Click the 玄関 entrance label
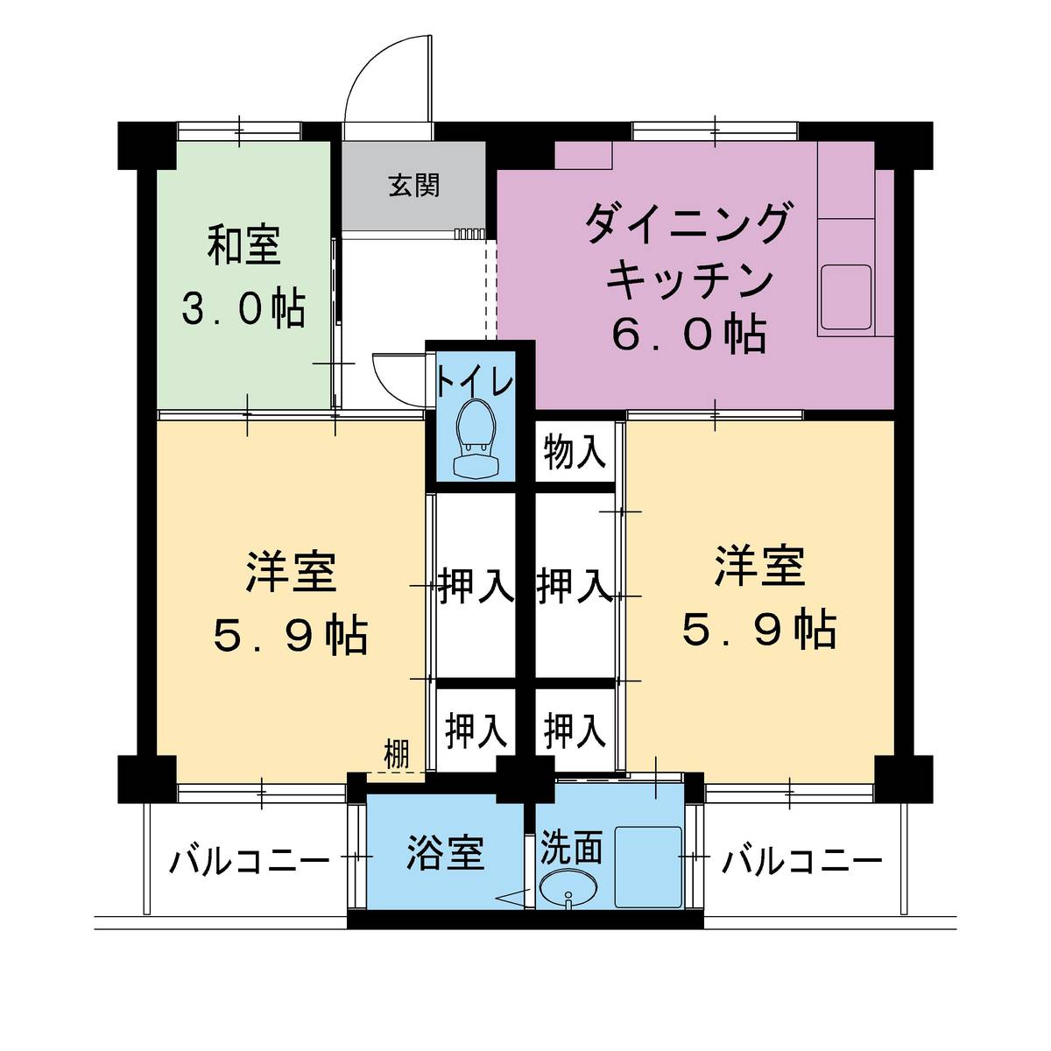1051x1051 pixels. tap(414, 186)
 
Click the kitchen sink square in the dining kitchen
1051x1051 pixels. tap(845, 297)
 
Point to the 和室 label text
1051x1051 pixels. tap(244, 246)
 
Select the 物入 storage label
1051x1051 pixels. tap(574, 453)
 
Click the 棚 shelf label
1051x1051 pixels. tap(397, 754)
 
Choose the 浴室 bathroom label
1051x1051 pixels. tap(445, 852)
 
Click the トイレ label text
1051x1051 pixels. tap(475, 382)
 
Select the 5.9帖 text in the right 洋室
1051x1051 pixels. tap(759, 629)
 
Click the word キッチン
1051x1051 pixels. tap(690, 279)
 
